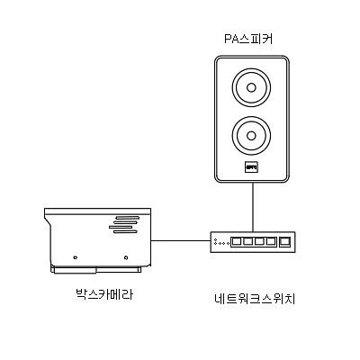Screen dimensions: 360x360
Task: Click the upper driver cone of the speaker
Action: [x=252, y=90]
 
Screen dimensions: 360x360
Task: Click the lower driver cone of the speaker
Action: [x=252, y=138]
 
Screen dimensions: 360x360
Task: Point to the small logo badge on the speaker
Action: [x=252, y=166]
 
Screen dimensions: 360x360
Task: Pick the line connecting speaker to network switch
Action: [x=253, y=207]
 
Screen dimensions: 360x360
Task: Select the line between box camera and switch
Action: [x=180, y=241]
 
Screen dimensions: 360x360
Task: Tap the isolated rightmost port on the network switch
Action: [x=285, y=241]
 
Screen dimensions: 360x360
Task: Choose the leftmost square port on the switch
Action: [x=236, y=241]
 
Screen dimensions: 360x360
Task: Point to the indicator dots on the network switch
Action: [x=220, y=241]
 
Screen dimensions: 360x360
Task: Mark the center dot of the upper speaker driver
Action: [x=252, y=90]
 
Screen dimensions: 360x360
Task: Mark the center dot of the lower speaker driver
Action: [x=252, y=138]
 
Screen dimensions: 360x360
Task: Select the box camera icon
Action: [x=99, y=238]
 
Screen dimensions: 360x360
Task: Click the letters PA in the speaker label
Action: [x=231, y=40]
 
